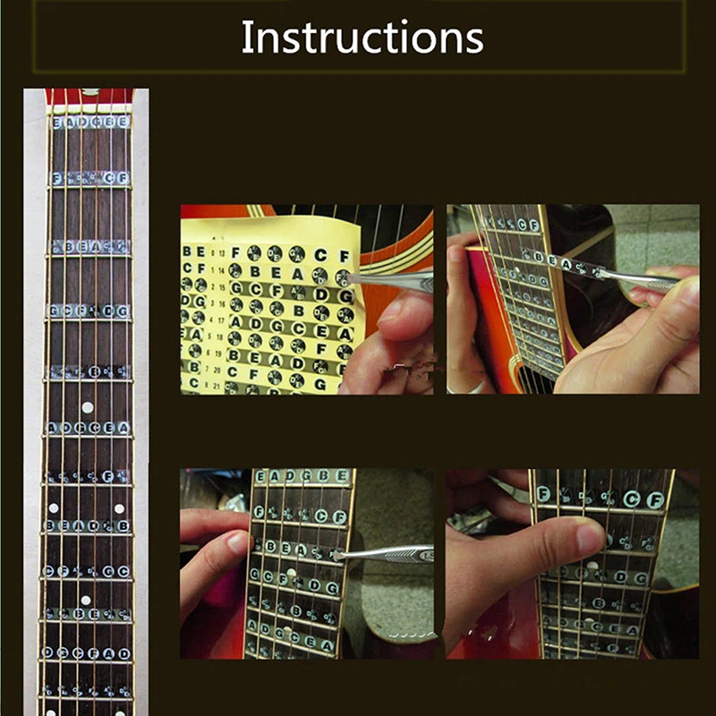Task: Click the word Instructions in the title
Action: (x=362, y=38)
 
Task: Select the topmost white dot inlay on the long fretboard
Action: (x=87, y=407)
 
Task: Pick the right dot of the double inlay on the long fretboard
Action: (x=119, y=508)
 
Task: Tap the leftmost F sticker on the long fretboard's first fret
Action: (x=57, y=179)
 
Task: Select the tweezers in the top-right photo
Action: (x=640, y=280)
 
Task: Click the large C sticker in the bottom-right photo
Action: (x=632, y=499)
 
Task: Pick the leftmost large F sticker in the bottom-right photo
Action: (x=543, y=493)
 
